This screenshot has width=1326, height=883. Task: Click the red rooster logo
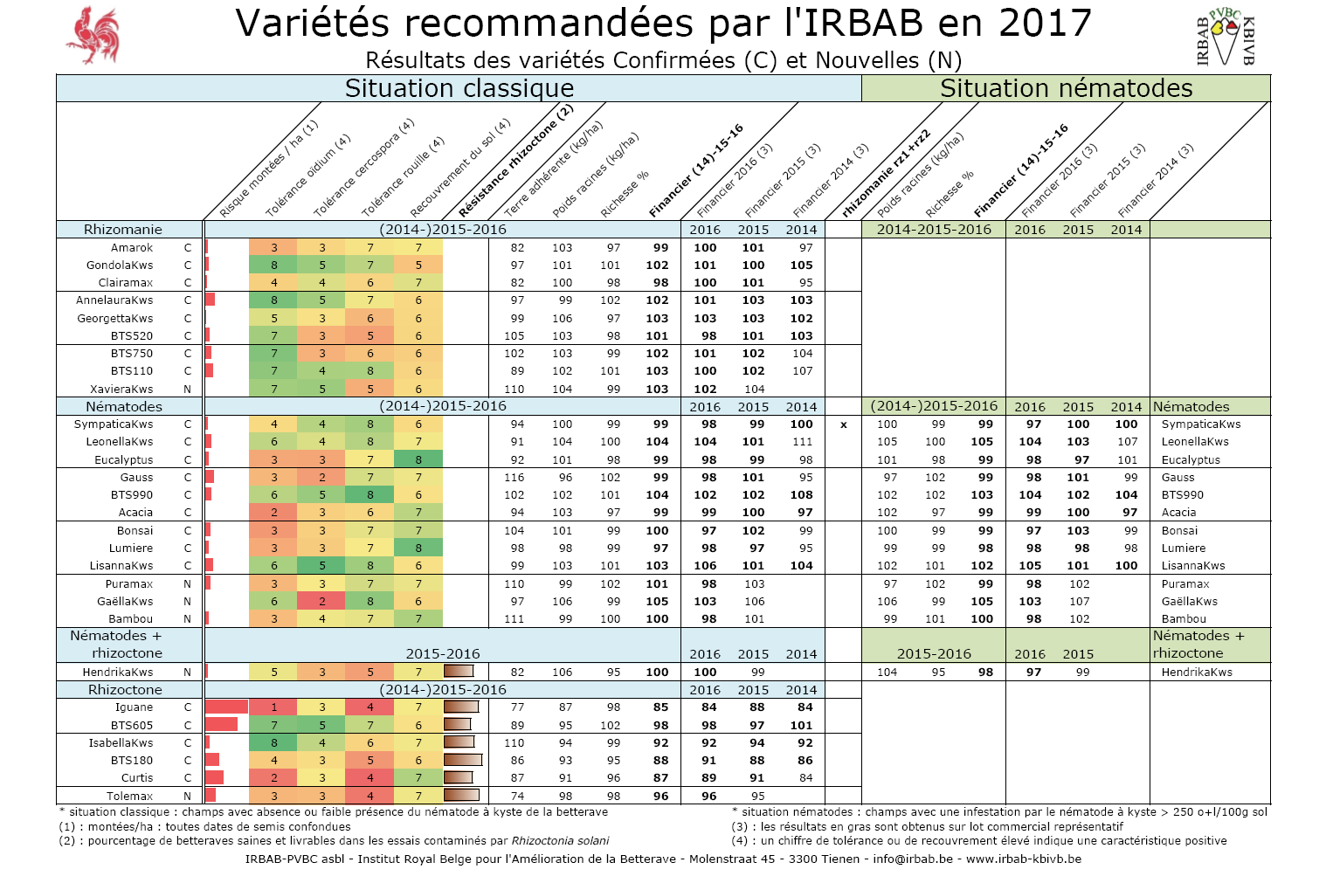coord(93,35)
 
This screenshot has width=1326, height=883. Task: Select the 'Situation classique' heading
coord(459,88)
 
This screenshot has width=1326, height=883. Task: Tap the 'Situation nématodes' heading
coord(1066,88)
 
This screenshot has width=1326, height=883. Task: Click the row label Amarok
coord(132,248)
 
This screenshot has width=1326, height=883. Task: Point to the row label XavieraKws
coord(121,390)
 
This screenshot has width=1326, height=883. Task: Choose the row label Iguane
coord(134,707)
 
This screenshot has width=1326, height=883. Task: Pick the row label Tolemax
coord(130,797)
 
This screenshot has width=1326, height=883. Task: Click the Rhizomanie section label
coord(123,230)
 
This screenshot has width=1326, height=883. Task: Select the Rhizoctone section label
coord(125,690)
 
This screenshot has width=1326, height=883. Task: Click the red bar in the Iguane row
coord(227,707)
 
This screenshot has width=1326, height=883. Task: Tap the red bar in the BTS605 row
coord(222,725)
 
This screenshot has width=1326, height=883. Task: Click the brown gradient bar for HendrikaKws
coord(459,672)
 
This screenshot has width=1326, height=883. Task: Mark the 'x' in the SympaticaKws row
coord(843,425)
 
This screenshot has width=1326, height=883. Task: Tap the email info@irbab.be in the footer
coord(913,859)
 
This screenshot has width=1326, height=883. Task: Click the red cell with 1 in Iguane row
coord(273,707)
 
